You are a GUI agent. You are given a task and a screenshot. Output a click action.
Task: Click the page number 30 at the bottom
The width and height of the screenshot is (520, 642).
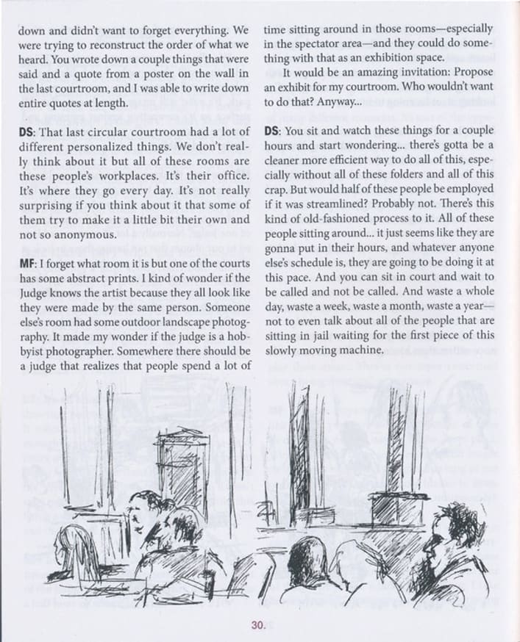point(257,625)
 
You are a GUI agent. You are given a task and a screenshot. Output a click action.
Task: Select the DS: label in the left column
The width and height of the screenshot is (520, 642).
point(28,131)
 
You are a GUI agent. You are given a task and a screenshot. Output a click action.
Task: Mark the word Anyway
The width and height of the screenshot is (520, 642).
point(338,101)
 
